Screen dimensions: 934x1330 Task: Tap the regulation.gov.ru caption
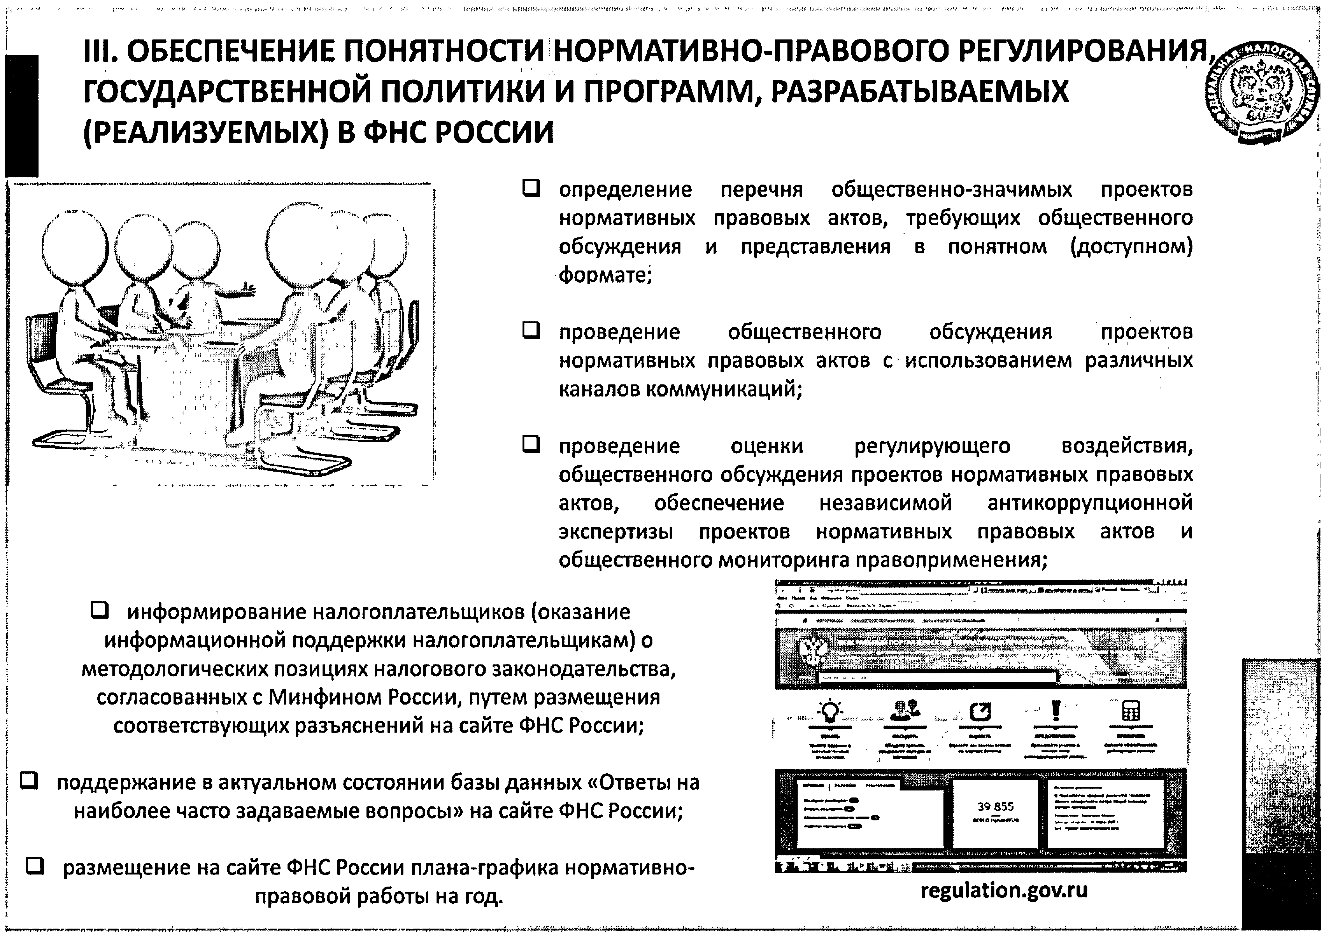(x=1004, y=890)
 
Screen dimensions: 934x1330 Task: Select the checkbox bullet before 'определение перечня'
(x=531, y=188)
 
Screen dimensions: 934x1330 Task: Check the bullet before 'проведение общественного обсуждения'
(x=531, y=331)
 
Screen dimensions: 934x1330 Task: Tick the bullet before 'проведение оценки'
(x=531, y=445)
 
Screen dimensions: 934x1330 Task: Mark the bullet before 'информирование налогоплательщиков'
(x=100, y=610)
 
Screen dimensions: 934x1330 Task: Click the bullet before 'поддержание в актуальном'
(x=29, y=781)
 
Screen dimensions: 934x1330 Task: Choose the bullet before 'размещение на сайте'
(x=35, y=866)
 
